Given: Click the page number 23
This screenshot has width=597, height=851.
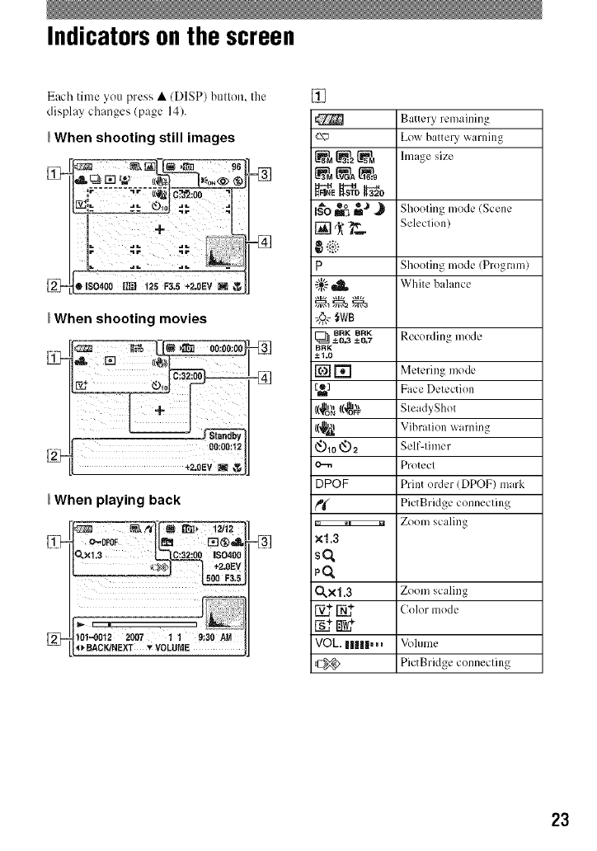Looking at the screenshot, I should coord(560,820).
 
